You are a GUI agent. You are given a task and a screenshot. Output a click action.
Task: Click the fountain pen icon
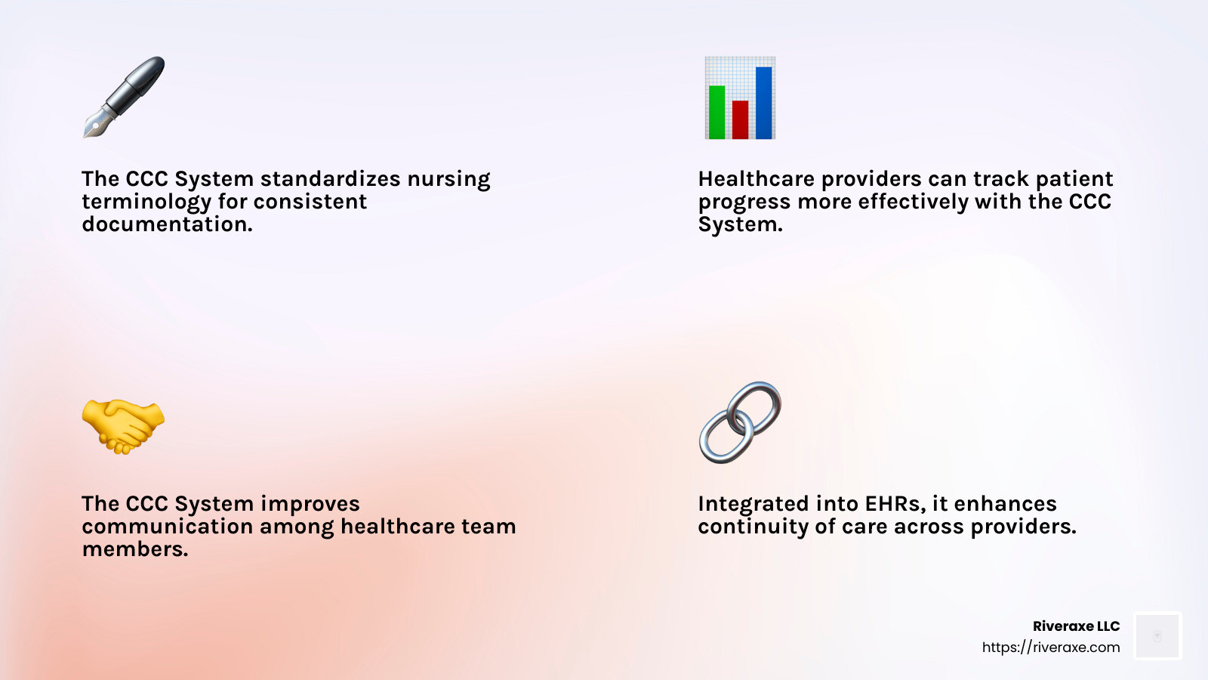coord(124,97)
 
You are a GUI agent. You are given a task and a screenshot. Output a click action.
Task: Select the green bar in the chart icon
coord(716,113)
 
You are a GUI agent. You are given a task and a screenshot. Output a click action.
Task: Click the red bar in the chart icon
coord(740,120)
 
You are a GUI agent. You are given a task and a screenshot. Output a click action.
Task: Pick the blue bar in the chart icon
coord(763,103)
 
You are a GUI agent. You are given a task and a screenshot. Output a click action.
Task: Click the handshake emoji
coord(123,426)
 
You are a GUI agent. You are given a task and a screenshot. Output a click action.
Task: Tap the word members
coord(134,549)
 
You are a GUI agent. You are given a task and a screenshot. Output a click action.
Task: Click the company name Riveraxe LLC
coord(1076,626)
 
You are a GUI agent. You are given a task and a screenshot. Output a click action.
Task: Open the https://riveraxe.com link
coord(1050,648)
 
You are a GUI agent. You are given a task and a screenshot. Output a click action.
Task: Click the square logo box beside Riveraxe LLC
coord(1157,636)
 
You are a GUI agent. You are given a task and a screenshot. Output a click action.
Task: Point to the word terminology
coord(146,202)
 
